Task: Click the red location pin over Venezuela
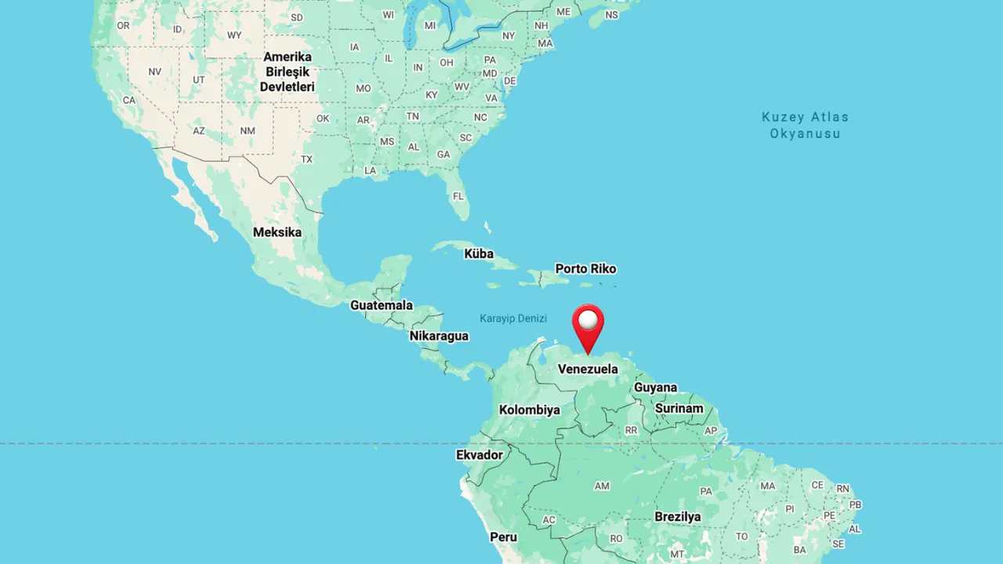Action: (588, 324)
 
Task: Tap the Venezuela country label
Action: (588, 369)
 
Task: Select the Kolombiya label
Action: (530, 409)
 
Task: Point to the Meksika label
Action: (277, 232)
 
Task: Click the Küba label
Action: (479, 253)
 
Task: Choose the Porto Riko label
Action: (585, 268)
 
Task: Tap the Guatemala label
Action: (382, 305)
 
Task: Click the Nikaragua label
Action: (439, 336)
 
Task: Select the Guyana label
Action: (655, 388)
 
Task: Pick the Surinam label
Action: (679, 408)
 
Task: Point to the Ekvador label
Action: (480, 455)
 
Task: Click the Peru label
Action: (503, 537)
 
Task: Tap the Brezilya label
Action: (678, 516)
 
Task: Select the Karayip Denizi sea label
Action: (513, 318)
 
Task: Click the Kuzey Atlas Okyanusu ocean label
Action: (805, 125)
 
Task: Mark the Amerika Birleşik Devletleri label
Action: (287, 71)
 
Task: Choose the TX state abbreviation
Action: (306, 159)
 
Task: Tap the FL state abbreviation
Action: (458, 195)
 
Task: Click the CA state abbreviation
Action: (129, 100)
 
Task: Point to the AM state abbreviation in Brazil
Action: (602, 486)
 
